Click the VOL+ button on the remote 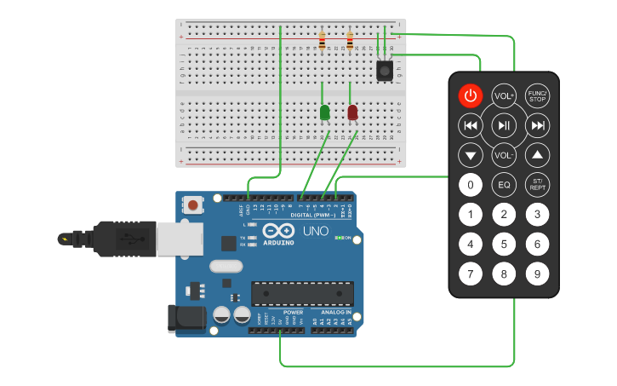[504, 96]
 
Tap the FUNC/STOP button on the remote [537, 96]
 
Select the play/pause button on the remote [504, 126]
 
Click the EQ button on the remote [504, 184]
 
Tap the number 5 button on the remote [504, 245]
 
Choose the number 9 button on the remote [537, 274]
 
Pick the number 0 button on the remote [471, 184]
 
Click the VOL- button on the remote [504, 156]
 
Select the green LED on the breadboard [324, 112]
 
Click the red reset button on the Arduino [195, 205]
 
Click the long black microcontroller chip [301, 293]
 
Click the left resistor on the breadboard [322, 40]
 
